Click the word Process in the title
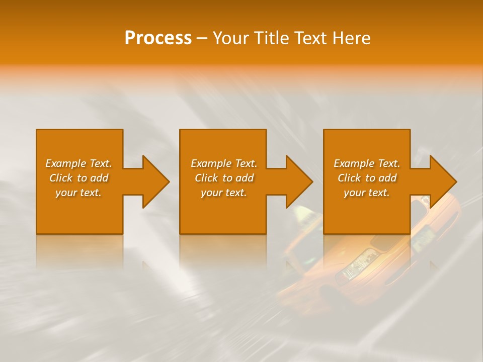click(x=158, y=38)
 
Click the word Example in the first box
click(x=65, y=163)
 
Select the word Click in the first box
click(x=61, y=178)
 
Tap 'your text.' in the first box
click(x=78, y=193)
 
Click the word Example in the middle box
click(x=211, y=163)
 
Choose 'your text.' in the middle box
click(x=224, y=193)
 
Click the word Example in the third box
click(x=354, y=163)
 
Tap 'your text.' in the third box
click(x=367, y=193)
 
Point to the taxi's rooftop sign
click(x=304, y=214)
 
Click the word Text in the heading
click(x=311, y=38)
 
